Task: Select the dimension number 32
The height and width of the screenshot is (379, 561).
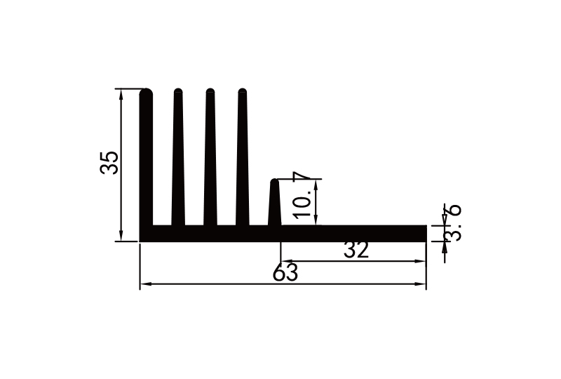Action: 356,250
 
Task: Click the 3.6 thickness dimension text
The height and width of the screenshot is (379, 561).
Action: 454,222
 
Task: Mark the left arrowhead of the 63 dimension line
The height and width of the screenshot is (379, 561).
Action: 144,284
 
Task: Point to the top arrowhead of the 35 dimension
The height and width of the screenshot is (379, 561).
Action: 122,93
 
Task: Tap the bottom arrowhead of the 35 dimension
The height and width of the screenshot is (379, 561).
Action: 122,237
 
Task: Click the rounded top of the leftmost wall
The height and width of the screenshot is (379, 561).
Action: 147,92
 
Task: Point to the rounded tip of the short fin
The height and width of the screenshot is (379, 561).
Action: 275,182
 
